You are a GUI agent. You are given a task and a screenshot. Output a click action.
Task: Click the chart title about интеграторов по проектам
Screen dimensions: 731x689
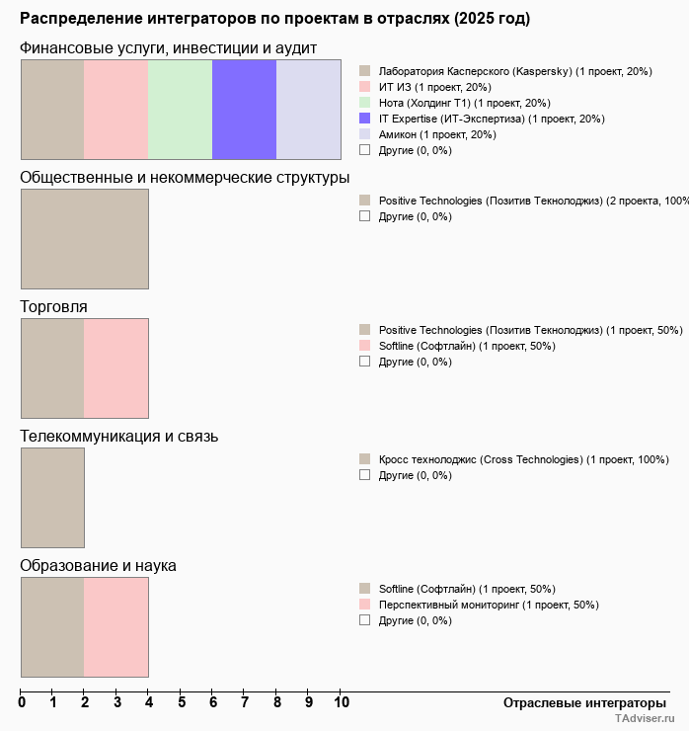pyautogui.click(x=274, y=19)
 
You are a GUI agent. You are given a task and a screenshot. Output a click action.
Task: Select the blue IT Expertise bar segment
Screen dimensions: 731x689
pyautogui.click(x=244, y=109)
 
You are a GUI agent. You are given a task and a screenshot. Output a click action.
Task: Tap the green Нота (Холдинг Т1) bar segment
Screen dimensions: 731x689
pyautogui.click(x=180, y=109)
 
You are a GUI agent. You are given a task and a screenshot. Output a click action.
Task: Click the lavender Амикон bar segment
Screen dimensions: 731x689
pyautogui.click(x=308, y=109)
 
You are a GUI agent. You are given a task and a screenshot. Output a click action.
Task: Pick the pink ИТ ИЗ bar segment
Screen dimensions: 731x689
pyautogui.click(x=115, y=109)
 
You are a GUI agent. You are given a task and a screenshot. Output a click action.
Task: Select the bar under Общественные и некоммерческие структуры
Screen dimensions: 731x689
pyautogui.click(x=84, y=238)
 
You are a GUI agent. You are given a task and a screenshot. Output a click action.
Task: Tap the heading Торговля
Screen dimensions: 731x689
pyautogui.click(x=54, y=307)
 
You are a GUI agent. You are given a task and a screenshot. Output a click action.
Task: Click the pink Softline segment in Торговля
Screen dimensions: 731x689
pyautogui.click(x=115, y=367)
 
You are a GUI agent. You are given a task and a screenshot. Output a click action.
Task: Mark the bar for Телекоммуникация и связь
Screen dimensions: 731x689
pyautogui.click(x=52, y=497)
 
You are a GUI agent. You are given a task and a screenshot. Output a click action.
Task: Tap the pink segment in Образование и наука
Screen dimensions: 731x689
pyautogui.click(x=115, y=626)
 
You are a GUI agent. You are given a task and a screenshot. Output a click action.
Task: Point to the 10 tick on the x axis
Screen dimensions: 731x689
pyautogui.click(x=341, y=702)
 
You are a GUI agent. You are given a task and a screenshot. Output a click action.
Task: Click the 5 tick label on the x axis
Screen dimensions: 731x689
pyautogui.click(x=182, y=702)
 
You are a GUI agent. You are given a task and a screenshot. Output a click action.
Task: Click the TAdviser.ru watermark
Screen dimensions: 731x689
pyautogui.click(x=645, y=719)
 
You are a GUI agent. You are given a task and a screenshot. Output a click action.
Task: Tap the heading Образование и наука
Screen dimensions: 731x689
pyautogui.click(x=98, y=566)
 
